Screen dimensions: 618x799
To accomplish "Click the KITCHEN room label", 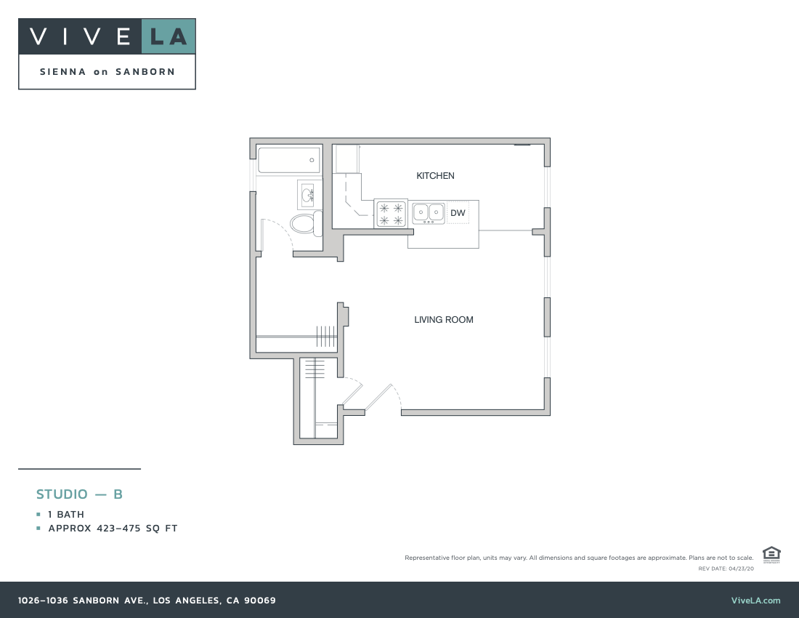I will click(435, 176).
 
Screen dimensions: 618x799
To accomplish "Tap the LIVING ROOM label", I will click(444, 320).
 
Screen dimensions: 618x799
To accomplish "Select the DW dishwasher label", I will click(458, 213).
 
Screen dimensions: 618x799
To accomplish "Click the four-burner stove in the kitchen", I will click(391, 214).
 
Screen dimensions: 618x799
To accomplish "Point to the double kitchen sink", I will click(429, 213).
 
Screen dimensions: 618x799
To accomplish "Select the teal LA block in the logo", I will click(169, 36).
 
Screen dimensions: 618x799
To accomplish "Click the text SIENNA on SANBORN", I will click(107, 72).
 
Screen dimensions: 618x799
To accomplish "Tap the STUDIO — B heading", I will click(79, 494).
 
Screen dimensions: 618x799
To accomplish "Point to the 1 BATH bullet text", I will click(66, 515).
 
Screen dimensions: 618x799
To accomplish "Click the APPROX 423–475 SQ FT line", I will click(113, 529).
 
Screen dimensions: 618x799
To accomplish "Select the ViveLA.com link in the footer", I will click(755, 601).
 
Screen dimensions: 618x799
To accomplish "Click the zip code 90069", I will click(260, 601).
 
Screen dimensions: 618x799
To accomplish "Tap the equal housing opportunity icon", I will click(771, 554).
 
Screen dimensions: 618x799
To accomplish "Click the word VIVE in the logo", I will click(80, 36).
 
